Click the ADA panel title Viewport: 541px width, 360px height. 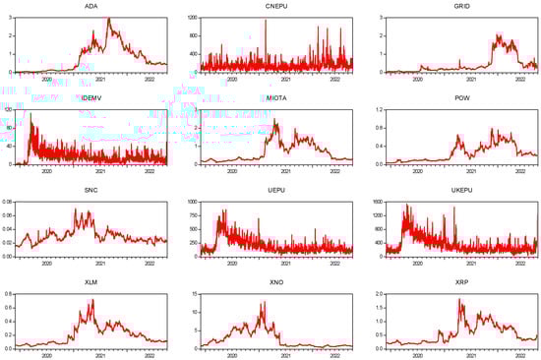(x=90, y=6)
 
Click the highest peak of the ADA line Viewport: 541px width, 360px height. (x=108, y=19)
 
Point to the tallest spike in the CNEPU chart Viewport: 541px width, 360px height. (x=266, y=20)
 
